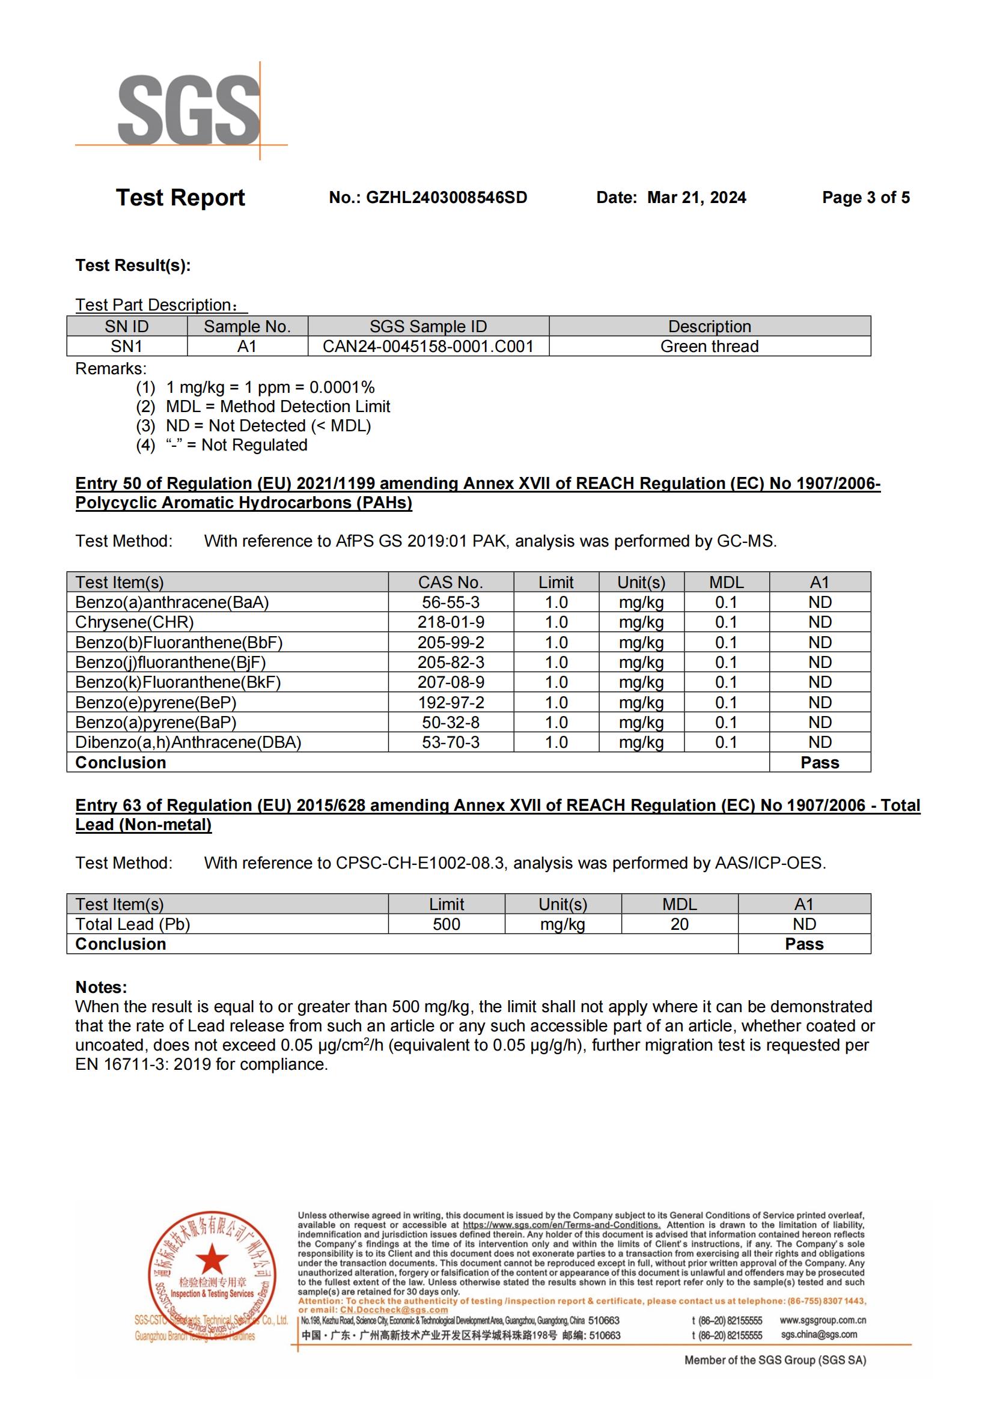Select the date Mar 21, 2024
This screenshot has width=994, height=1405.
(697, 198)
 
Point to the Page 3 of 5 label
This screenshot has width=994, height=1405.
(865, 198)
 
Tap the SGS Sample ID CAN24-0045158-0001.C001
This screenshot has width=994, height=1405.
(428, 347)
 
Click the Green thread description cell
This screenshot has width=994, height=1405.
(709, 347)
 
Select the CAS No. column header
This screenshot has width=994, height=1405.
(451, 582)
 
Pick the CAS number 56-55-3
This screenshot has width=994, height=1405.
(451, 602)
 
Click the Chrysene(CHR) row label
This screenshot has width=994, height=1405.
(135, 622)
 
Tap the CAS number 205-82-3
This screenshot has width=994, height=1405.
(451, 662)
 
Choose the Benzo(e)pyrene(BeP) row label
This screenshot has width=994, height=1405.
(156, 703)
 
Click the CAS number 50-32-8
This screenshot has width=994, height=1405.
(451, 722)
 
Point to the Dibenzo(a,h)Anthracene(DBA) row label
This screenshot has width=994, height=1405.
(188, 742)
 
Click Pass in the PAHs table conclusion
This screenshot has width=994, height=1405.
(820, 762)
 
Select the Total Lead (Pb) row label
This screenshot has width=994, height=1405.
(133, 924)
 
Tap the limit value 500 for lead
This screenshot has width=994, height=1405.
(446, 924)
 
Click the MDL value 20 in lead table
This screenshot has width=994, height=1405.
(680, 924)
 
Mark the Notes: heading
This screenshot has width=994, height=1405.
(101, 987)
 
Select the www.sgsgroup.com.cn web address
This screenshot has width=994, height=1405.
(823, 1320)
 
